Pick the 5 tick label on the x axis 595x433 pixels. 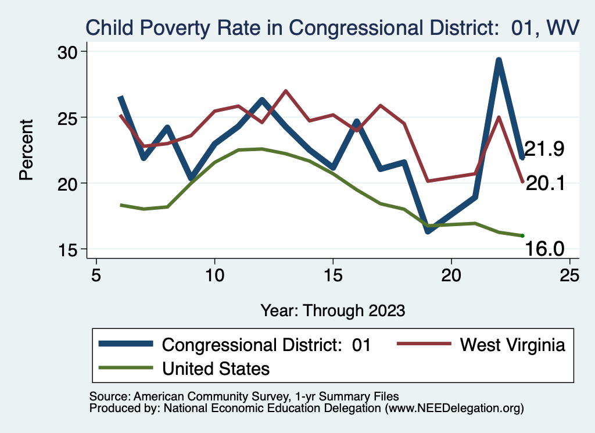(x=96, y=275)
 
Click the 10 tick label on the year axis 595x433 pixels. (x=215, y=275)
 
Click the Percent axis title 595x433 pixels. (x=26, y=149)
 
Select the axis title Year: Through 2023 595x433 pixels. (x=332, y=310)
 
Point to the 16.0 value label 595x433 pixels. (x=545, y=249)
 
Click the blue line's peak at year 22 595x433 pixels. (x=499, y=60)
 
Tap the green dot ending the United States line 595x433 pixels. (x=522, y=235)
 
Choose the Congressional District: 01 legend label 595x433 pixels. (x=266, y=345)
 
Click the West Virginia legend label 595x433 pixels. (x=512, y=345)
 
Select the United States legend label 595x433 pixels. (x=216, y=368)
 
